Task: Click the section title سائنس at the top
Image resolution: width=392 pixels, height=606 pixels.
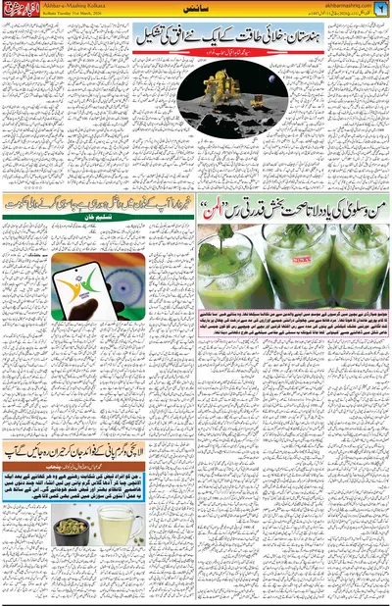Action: coord(195,12)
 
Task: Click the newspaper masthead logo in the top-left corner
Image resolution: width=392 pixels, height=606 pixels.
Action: coord(23,12)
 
